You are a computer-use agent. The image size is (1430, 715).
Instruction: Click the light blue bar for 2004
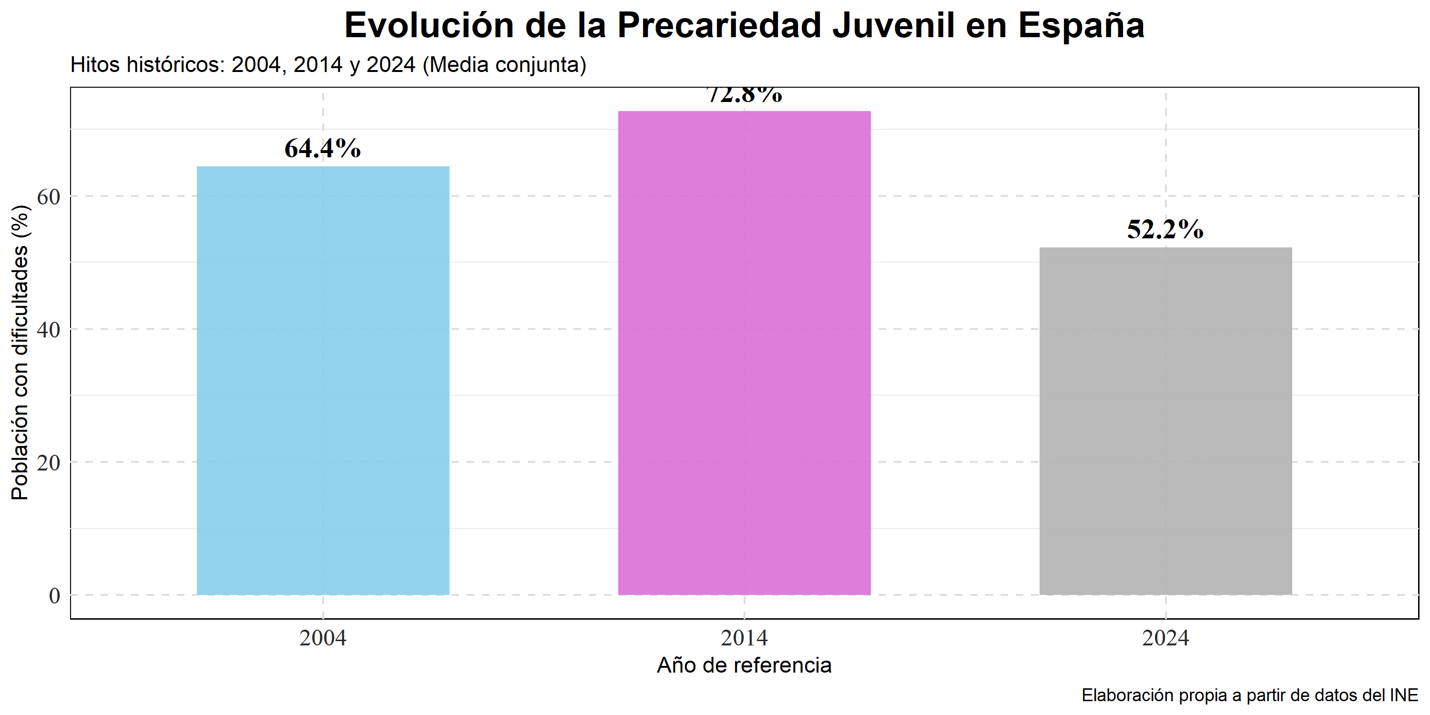click(323, 380)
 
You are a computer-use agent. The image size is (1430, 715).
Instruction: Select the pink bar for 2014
click(744, 353)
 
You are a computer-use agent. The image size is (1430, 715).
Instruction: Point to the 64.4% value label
click(323, 148)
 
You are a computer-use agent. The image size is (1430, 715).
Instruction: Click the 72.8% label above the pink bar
click(745, 96)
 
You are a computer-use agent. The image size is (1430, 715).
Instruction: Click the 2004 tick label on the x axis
click(323, 638)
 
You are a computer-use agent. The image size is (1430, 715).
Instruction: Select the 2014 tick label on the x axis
click(744, 638)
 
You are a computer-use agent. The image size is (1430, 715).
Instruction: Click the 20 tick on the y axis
click(48, 462)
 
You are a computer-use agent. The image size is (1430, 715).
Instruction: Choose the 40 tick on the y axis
click(48, 330)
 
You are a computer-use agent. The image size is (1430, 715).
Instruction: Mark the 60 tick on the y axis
click(48, 196)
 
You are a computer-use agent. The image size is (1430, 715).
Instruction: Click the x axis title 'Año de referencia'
click(744, 665)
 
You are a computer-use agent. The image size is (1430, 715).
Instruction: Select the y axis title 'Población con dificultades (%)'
click(20, 353)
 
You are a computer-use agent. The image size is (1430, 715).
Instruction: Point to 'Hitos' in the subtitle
click(95, 65)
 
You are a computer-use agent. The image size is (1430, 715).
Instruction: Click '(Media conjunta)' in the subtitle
click(504, 65)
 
